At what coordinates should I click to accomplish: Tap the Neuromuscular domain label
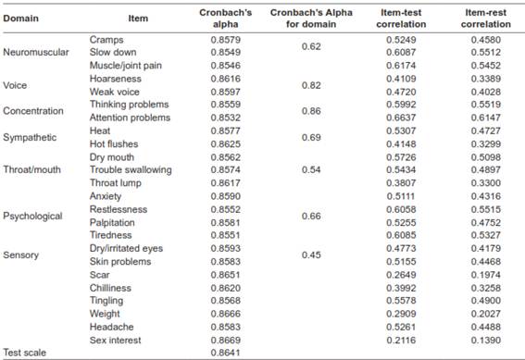(x=35, y=53)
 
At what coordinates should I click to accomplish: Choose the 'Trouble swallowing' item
(x=128, y=170)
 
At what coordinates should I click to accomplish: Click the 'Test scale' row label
(x=26, y=353)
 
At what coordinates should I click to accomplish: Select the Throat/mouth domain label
(x=32, y=170)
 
